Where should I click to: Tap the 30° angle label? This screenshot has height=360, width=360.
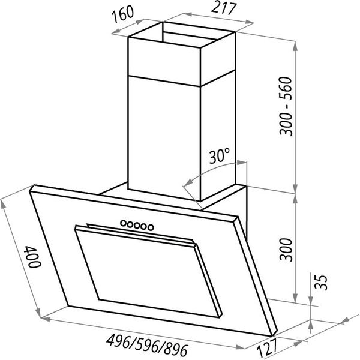click(x=220, y=157)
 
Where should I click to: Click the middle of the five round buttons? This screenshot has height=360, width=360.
click(x=136, y=224)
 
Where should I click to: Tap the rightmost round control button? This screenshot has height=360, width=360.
click(x=151, y=226)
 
